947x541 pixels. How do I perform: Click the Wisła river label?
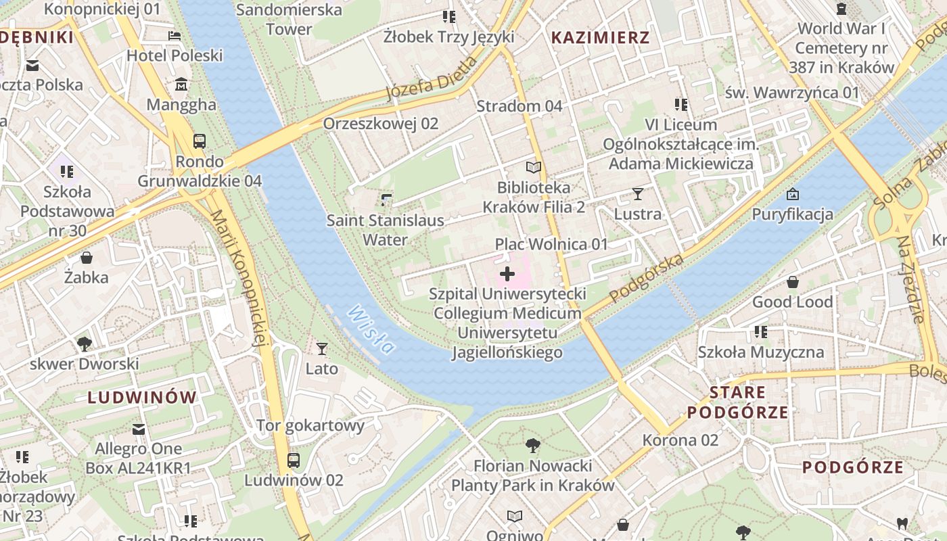pyautogui.click(x=370, y=329)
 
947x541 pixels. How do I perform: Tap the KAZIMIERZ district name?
pyautogui.click(x=601, y=37)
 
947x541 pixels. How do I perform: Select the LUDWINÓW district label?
pyautogui.click(x=142, y=397)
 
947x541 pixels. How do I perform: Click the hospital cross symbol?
pyautogui.click(x=507, y=274)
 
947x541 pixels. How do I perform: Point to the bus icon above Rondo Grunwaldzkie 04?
pyautogui.click(x=199, y=141)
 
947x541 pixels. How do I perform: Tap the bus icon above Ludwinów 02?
pyautogui.click(x=293, y=461)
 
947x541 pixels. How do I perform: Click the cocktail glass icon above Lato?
pyautogui.click(x=322, y=349)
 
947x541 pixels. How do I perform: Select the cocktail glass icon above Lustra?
pyautogui.click(x=637, y=194)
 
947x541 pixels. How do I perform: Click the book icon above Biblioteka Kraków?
pyautogui.click(x=534, y=167)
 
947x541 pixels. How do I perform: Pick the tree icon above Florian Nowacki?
pyautogui.click(x=532, y=445)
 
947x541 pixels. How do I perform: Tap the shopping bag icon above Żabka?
pyautogui.click(x=87, y=258)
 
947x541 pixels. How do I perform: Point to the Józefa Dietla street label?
pyautogui.click(x=433, y=78)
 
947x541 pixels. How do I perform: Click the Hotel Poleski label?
pyautogui.click(x=175, y=55)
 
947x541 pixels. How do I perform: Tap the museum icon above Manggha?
pyautogui.click(x=181, y=85)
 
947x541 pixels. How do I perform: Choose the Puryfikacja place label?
pyautogui.click(x=793, y=214)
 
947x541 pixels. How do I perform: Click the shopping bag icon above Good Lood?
pyautogui.click(x=792, y=282)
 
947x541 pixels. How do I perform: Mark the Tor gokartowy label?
pyautogui.click(x=310, y=425)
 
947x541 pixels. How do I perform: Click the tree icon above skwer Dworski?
pyautogui.click(x=85, y=344)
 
